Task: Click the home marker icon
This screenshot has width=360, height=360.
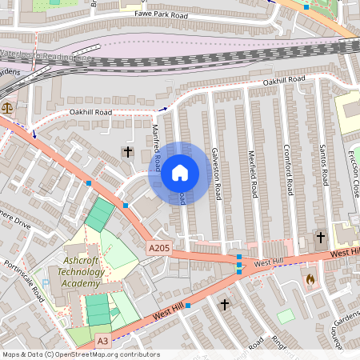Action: click(180, 172)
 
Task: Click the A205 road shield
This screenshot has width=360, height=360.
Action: click(158, 250)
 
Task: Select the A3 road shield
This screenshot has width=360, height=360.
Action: click(102, 341)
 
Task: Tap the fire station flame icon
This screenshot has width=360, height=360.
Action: click(310, 280)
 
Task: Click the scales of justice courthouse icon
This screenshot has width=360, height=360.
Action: click(8, 106)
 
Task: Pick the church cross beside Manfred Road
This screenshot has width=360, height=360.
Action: click(127, 152)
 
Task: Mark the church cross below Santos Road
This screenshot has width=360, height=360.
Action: click(321, 238)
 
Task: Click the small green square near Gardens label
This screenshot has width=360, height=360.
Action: click(286, 316)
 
